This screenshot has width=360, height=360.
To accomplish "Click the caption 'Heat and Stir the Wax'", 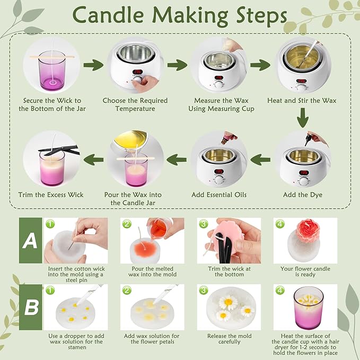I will point(302,101).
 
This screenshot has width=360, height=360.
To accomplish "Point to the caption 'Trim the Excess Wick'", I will point(51,195).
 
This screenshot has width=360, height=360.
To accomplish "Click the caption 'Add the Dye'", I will point(302,195).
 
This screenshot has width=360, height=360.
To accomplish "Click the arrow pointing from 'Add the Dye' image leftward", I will point(260,157).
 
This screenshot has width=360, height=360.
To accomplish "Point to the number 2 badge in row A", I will point(126,224).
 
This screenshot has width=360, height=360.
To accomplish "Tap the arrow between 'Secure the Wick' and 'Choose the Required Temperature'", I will point(94,65).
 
